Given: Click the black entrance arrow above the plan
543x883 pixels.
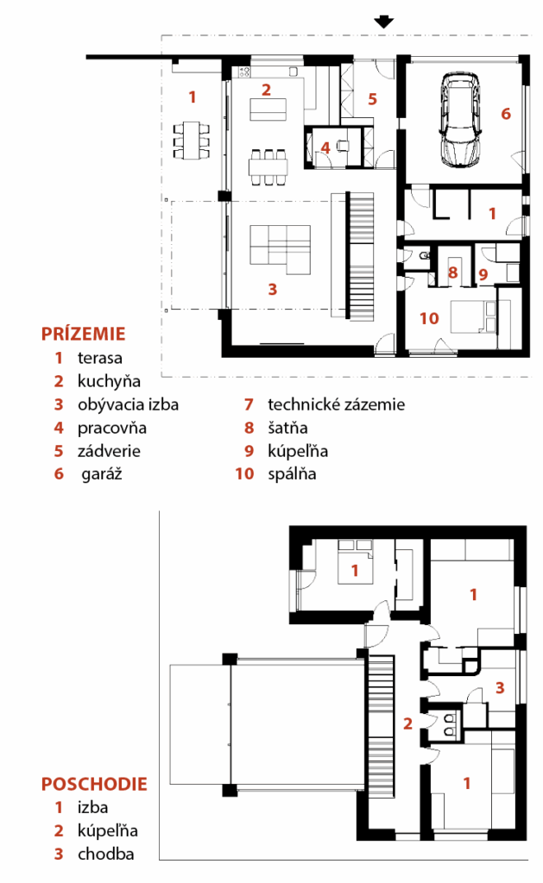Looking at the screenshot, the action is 384,22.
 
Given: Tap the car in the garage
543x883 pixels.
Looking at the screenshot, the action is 461,120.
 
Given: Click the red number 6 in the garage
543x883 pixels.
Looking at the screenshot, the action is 506,114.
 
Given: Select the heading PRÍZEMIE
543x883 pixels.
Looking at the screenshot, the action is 83,334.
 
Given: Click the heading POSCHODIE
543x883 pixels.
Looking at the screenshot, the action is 94,783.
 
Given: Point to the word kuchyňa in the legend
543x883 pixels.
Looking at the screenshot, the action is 109,381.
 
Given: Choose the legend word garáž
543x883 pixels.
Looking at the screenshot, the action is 102,474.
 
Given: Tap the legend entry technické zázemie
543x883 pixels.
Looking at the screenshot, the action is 336,404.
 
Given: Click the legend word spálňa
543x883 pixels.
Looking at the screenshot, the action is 292,474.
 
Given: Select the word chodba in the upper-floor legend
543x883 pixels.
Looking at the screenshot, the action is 106,854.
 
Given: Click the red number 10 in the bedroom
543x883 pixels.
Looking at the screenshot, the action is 429,319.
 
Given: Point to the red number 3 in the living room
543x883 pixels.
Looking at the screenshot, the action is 272,290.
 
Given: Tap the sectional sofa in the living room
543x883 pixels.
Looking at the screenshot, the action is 281,249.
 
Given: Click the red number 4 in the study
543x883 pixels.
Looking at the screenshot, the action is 325,147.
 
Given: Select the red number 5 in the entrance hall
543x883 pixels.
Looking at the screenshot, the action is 372,99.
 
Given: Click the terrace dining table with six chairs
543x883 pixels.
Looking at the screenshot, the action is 192,140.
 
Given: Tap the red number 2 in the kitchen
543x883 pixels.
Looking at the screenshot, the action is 266,89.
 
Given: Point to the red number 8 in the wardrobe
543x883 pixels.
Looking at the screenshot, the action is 452,273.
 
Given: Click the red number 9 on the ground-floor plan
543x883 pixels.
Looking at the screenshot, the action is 483,275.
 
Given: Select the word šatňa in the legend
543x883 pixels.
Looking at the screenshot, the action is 287,428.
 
